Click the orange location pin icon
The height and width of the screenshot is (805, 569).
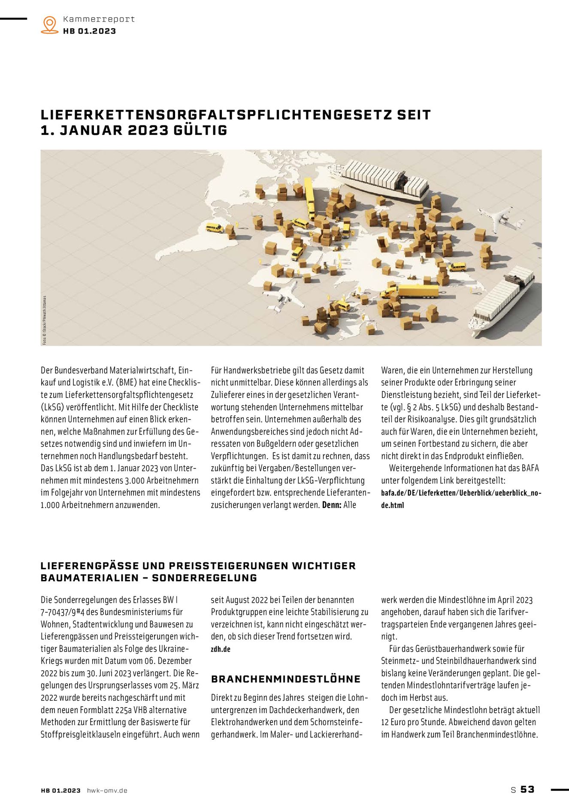[50, 25]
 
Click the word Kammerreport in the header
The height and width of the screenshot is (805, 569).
[99, 19]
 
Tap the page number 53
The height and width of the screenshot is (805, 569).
[527, 790]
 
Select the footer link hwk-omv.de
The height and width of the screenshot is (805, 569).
[107, 790]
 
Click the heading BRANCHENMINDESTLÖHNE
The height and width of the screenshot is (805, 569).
[285, 679]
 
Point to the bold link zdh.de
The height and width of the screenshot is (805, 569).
[221, 649]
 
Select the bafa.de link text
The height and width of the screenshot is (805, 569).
[461, 493]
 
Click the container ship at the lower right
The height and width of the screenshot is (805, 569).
[502, 301]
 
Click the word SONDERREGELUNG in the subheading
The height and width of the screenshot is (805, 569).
[204, 578]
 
